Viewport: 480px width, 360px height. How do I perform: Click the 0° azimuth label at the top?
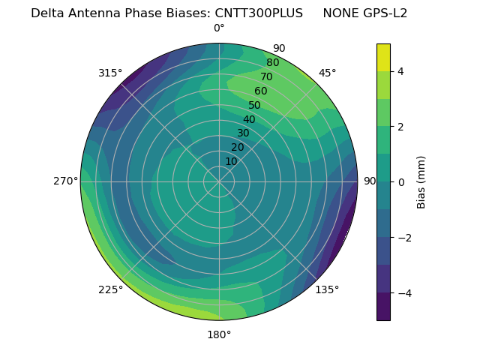click(219, 28)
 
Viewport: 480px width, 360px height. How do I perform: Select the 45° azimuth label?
click(327, 73)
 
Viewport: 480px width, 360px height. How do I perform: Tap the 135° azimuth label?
click(327, 289)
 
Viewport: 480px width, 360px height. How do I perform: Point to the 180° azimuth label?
click(219, 334)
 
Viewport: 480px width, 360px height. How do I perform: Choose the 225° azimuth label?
click(110, 289)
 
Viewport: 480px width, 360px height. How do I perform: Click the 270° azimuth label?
click(65, 181)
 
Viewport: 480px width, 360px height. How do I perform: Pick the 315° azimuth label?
click(110, 73)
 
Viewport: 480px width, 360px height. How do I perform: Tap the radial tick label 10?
click(231, 161)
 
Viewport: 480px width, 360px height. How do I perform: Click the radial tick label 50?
click(254, 105)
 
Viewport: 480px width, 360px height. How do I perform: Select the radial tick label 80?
click(272, 63)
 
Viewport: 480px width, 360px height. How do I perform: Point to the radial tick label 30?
click(243, 133)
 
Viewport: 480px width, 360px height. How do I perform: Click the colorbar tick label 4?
click(401, 72)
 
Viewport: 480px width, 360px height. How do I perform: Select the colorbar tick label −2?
click(403, 238)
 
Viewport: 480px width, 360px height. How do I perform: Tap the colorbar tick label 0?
click(401, 182)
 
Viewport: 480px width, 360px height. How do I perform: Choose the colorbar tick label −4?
click(403, 293)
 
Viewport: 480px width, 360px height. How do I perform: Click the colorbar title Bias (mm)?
click(421, 182)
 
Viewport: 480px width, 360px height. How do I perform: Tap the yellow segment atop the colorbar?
click(383, 58)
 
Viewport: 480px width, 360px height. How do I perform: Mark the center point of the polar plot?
click(219, 181)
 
